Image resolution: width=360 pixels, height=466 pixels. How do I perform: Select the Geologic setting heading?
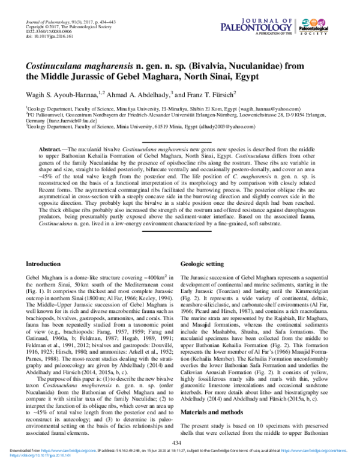pos(204,264)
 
